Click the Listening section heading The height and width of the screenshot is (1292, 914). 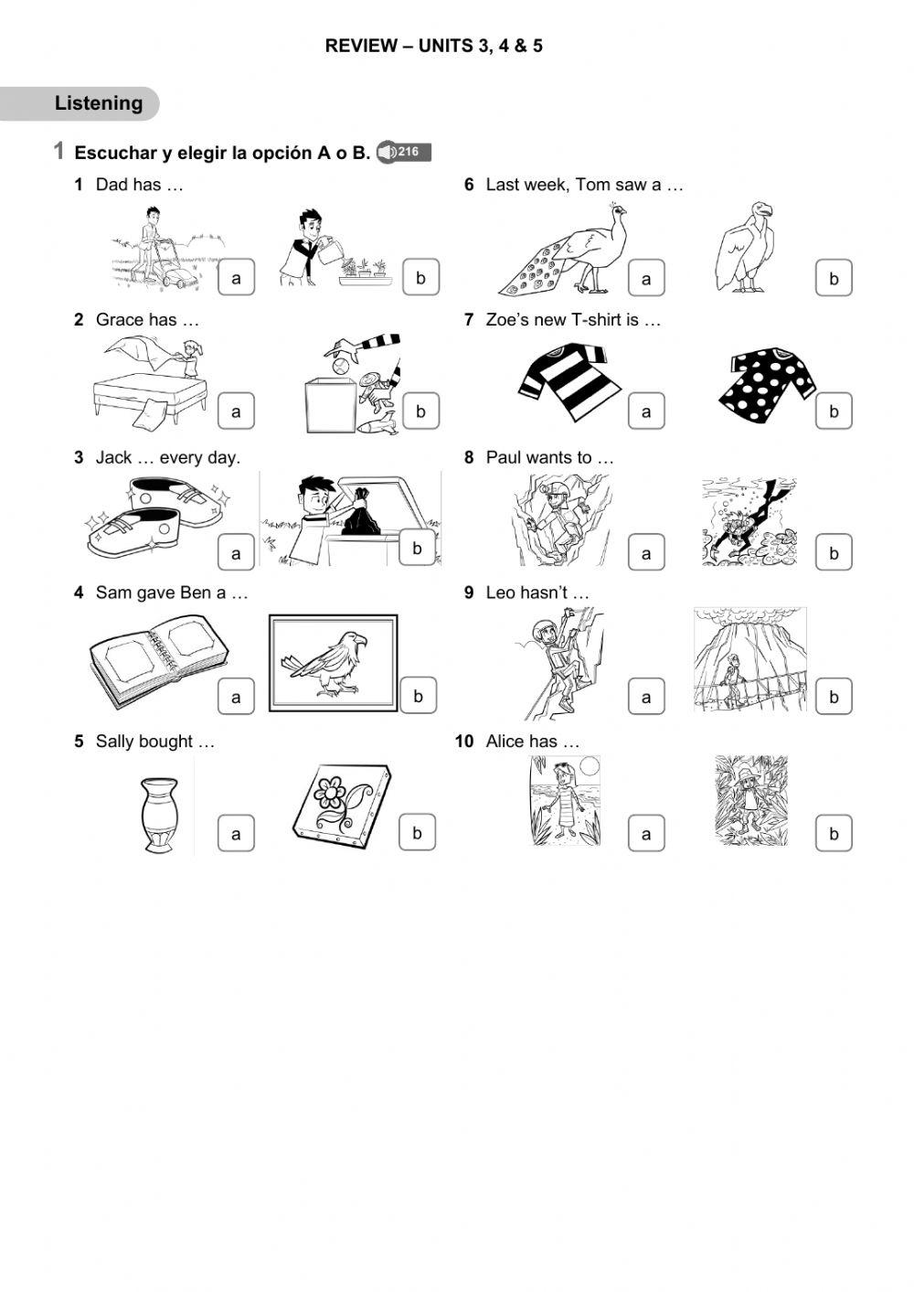click(x=99, y=103)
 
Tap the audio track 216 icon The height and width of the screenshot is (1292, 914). click(x=403, y=152)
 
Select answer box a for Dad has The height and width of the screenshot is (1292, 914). click(x=236, y=278)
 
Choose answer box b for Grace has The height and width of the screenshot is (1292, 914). click(x=420, y=411)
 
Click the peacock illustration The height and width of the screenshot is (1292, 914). click(x=567, y=251)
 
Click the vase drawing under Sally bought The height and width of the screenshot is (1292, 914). click(x=160, y=814)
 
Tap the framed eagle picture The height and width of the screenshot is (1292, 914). click(x=333, y=663)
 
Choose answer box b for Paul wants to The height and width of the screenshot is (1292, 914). click(x=833, y=553)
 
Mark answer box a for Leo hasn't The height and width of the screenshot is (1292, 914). click(x=646, y=697)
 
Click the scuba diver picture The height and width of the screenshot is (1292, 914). click(x=749, y=521)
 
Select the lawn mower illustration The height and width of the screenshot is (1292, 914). click(x=160, y=249)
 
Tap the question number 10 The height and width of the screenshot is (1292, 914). click(x=464, y=742)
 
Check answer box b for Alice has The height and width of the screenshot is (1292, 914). click(x=833, y=833)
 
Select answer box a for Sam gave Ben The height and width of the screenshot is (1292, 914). click(x=236, y=697)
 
